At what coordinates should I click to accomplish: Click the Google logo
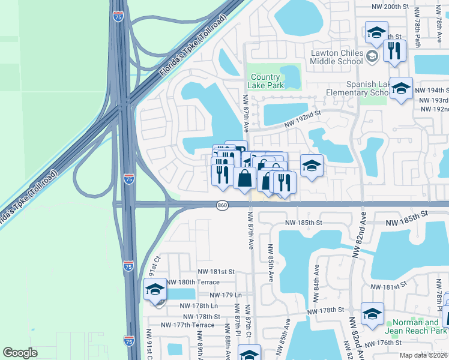point(20,352)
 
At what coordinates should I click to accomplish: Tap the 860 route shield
point(222,205)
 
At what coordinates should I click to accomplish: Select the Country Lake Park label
point(265,81)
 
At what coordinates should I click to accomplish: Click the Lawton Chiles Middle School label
point(337,57)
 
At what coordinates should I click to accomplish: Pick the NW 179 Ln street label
point(226,295)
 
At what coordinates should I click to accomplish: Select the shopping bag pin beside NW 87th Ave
point(244,178)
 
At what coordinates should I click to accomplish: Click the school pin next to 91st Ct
point(155,290)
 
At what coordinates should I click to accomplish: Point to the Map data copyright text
point(424,355)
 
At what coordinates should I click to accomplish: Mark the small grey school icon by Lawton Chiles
point(372,56)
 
